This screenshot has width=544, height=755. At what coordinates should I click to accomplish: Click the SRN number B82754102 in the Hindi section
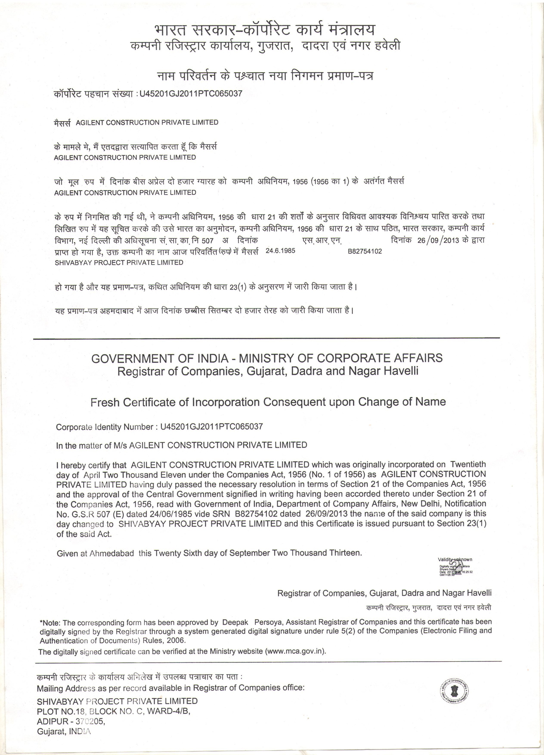click(x=365, y=251)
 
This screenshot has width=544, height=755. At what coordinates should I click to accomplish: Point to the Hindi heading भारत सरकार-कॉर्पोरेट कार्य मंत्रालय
click(x=265, y=30)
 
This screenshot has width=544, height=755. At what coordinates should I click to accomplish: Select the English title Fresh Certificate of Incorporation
click(x=268, y=402)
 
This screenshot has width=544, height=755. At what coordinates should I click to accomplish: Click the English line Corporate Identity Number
click(x=159, y=426)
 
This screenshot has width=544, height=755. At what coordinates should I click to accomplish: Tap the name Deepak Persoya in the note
click(x=253, y=622)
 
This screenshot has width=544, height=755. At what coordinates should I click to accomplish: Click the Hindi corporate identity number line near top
click(x=148, y=94)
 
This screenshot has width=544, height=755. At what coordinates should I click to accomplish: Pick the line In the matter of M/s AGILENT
click(x=182, y=445)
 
